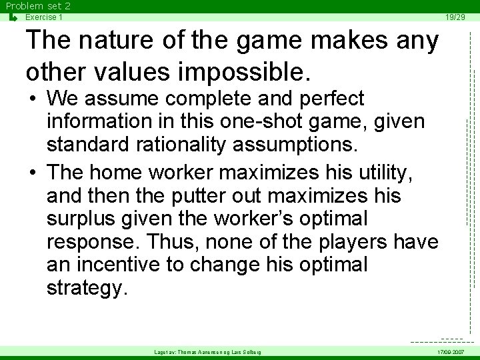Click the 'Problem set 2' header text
coord(38,6)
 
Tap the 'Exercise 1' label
coord(44,17)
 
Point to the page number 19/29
coord(455,17)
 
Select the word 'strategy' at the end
coord(86,289)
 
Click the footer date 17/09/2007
coord(451,351)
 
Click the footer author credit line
coord(207,351)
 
